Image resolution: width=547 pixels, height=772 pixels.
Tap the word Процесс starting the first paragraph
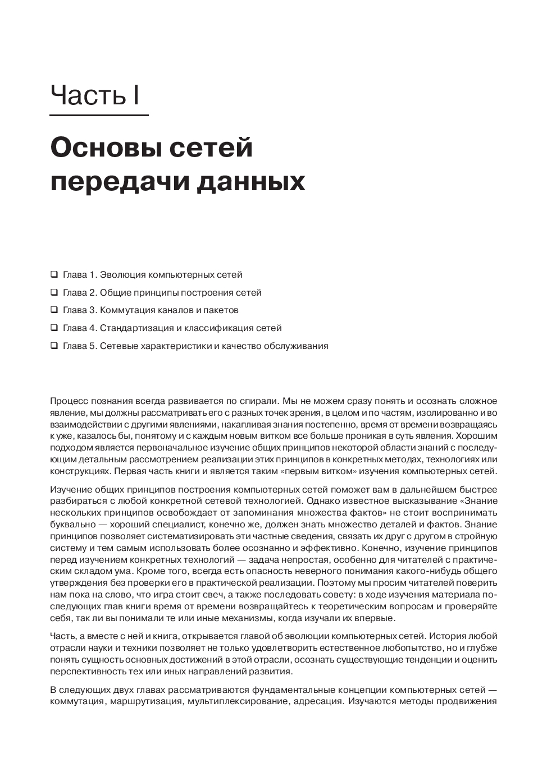pyautogui.click(x=67, y=401)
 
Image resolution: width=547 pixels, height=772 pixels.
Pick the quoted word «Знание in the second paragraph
pyautogui.click(x=479, y=501)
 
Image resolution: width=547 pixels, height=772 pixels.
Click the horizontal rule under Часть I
pyautogui.click(x=99, y=115)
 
